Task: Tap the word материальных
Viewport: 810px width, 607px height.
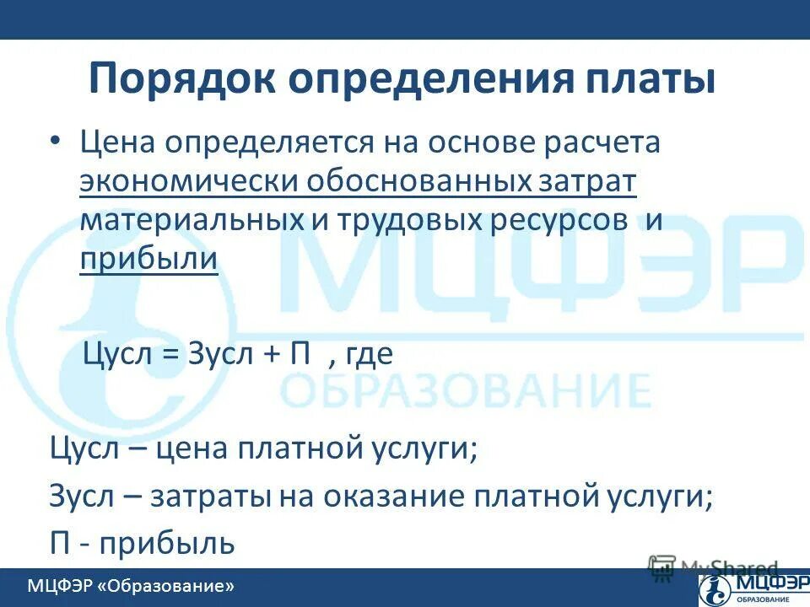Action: click(x=189, y=220)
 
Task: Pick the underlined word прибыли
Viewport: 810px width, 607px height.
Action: click(x=149, y=259)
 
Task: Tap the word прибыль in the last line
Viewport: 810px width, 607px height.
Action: click(x=167, y=542)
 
